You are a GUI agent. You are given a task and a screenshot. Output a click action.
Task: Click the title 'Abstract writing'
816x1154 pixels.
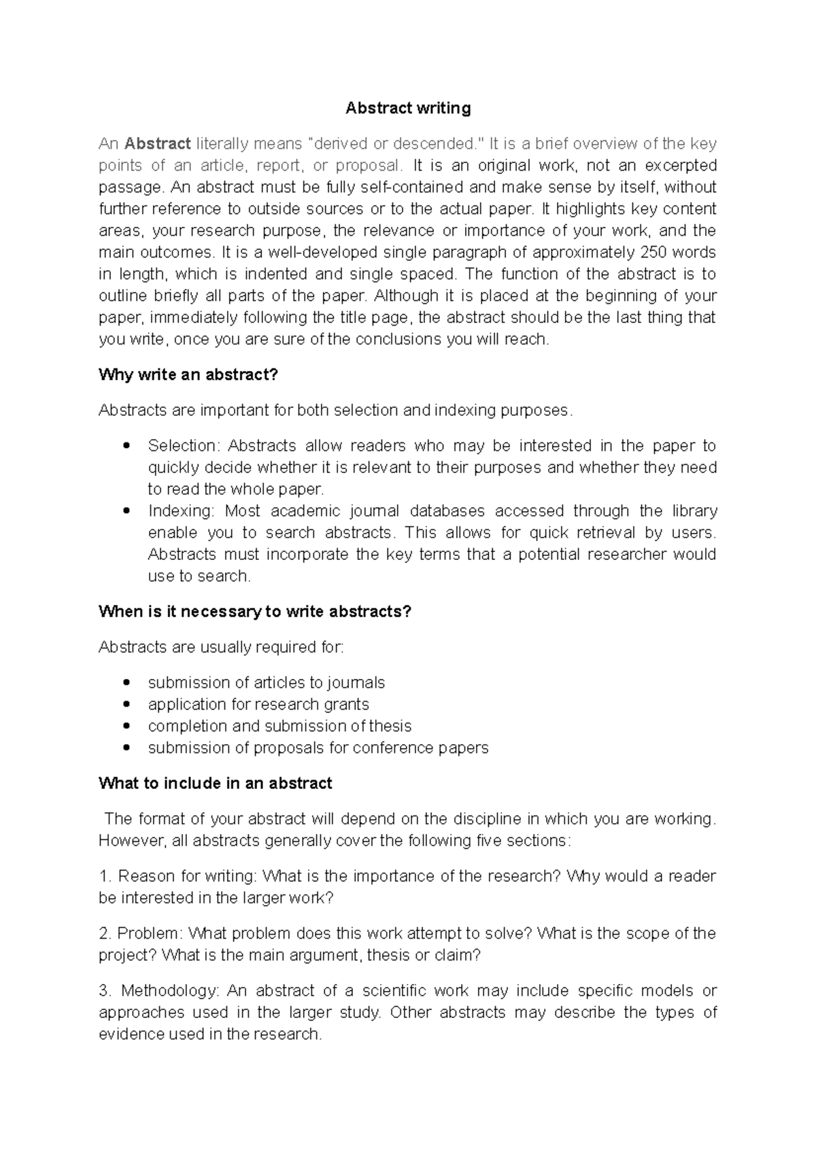[x=408, y=108]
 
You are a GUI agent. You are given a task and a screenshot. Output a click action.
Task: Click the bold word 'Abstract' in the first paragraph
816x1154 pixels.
[x=158, y=143]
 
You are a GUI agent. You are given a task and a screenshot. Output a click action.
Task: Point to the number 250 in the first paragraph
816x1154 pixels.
[x=653, y=252]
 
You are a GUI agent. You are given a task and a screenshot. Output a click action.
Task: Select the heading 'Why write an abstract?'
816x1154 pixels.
[x=188, y=374]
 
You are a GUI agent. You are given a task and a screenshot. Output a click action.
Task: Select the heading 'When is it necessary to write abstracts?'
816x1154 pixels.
[x=255, y=611]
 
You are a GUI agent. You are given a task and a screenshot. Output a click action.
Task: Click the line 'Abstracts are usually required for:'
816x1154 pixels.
[x=221, y=646]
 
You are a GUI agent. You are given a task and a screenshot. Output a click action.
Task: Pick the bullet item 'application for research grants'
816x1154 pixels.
[x=258, y=704]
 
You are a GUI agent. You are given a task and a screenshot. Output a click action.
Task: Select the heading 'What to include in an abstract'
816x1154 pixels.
[x=215, y=783]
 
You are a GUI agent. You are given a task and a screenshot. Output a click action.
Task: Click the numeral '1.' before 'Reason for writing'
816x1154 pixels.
[x=105, y=875]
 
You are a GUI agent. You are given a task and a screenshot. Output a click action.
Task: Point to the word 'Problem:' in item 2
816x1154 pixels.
[x=150, y=933]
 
